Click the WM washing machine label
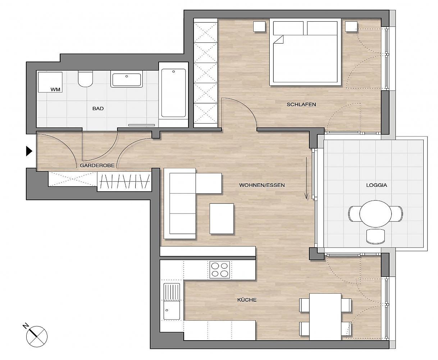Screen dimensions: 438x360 55,89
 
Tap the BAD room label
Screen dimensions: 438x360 98,108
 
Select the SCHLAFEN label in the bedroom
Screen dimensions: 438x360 301,104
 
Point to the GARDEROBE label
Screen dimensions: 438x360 97,165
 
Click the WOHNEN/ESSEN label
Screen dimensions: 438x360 262,185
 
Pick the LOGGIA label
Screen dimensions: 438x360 377,185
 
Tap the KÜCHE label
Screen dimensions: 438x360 247,300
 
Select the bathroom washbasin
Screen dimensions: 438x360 127,79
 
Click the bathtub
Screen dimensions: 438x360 173,93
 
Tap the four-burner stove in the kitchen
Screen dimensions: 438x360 219,270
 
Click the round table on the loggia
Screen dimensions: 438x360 375,213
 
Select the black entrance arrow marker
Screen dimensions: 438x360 29,151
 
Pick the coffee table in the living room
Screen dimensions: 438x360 222,219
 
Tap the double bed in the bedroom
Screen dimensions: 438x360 305,52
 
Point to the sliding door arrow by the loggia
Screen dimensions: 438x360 306,178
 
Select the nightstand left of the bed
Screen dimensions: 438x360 259,27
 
